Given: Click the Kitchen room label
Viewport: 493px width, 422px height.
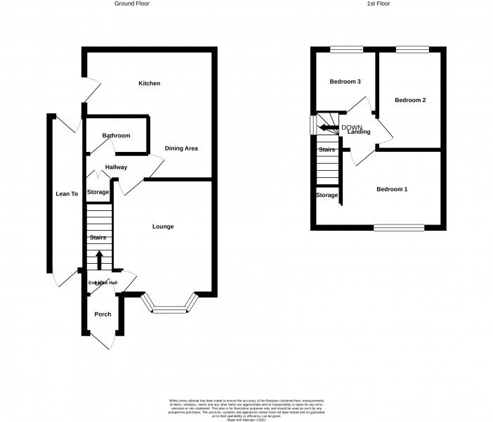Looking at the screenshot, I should tap(149, 84).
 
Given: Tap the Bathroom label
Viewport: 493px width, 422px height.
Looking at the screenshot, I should tap(116, 136).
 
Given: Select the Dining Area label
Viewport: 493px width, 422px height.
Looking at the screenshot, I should tap(181, 148).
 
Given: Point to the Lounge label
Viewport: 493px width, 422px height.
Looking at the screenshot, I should tap(163, 226).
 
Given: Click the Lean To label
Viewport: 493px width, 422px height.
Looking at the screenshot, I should tap(67, 193).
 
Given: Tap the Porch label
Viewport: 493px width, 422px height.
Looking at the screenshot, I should tap(102, 314).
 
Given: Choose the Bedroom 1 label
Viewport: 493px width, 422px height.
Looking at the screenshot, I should tap(392, 189).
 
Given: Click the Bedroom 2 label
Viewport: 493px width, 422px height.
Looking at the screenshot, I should tap(410, 101).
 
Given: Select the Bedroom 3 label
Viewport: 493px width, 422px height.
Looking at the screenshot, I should tap(345, 82).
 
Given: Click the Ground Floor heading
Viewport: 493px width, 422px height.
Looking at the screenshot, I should tap(131, 4).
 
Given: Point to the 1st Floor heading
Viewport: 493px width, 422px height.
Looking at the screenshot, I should tap(378, 4).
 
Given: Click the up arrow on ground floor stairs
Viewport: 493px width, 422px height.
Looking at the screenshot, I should tap(98, 259).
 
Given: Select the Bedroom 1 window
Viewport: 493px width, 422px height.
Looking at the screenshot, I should tap(398, 227).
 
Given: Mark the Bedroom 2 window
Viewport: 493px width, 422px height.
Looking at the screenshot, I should tap(412, 49).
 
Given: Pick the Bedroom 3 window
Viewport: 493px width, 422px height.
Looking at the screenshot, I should tap(347, 49).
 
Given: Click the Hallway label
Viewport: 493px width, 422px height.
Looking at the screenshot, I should tap(116, 167).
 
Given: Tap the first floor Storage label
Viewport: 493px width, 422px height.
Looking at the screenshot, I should tap(327, 196).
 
